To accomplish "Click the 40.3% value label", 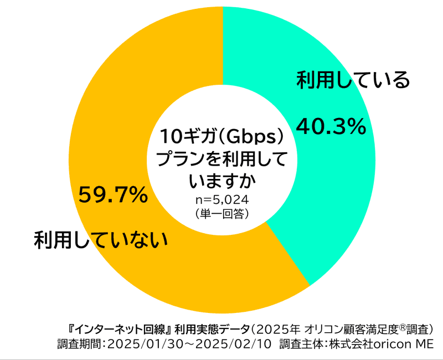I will coord(331,127).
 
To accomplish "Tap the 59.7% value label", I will coord(112,194).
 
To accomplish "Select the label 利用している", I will coord(353,80).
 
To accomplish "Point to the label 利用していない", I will coord(100,239).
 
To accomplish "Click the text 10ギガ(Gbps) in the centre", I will coord(222,136).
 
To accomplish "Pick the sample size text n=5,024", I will coord(222,200).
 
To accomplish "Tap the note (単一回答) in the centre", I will coord(222,213).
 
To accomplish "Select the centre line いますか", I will coord(222,181).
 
